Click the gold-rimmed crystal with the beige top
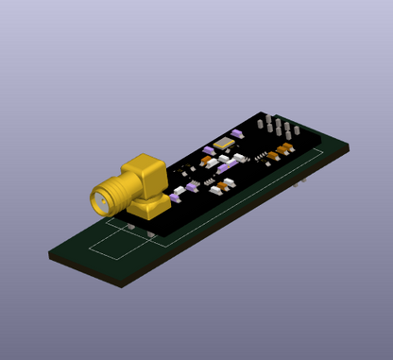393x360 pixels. [225, 144]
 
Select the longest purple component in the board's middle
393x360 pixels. [228, 164]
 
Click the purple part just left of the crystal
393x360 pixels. [210, 149]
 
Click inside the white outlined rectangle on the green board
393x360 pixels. [118, 244]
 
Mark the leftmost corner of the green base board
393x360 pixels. [49, 253]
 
